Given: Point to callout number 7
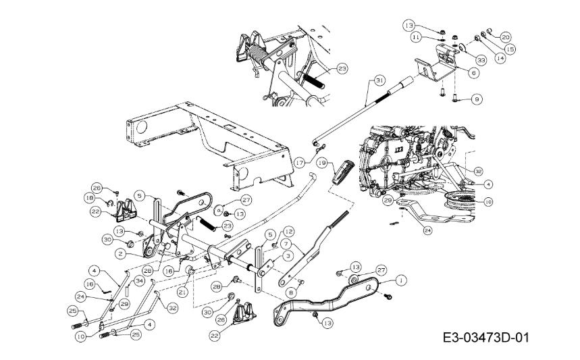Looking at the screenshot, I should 286,243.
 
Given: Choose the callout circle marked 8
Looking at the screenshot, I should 292,292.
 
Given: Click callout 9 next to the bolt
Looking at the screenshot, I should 477,99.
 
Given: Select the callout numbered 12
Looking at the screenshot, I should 288,232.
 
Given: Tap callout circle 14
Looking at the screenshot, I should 481,58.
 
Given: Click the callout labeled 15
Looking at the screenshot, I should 491,49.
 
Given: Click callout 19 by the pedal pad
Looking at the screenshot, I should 323,163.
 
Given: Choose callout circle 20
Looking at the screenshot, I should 505,37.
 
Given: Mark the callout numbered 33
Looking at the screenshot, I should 463,60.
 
